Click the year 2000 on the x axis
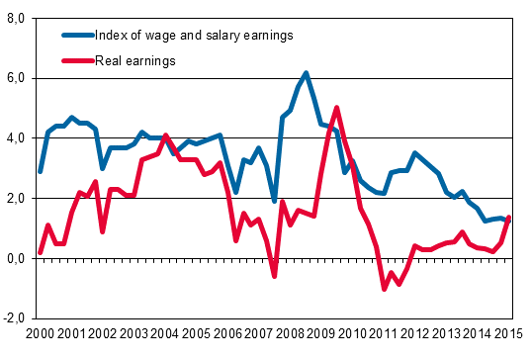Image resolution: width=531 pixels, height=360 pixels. tap(40, 335)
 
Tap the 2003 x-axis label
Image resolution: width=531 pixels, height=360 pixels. tap(133, 335)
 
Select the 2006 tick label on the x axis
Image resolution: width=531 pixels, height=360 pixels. tap(227, 335)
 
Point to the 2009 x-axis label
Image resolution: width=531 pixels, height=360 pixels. tap(321, 335)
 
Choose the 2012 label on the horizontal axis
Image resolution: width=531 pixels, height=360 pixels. tap(415, 335)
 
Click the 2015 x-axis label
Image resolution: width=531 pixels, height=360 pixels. tap(509, 335)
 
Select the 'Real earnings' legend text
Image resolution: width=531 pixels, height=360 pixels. tap(135, 61)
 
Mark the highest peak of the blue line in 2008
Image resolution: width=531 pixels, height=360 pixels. tap(306, 72)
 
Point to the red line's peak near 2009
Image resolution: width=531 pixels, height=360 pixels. tap(337, 108)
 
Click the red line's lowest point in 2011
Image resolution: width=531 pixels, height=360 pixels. tap(384, 289)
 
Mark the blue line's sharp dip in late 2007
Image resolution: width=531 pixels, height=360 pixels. tap(275, 201)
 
